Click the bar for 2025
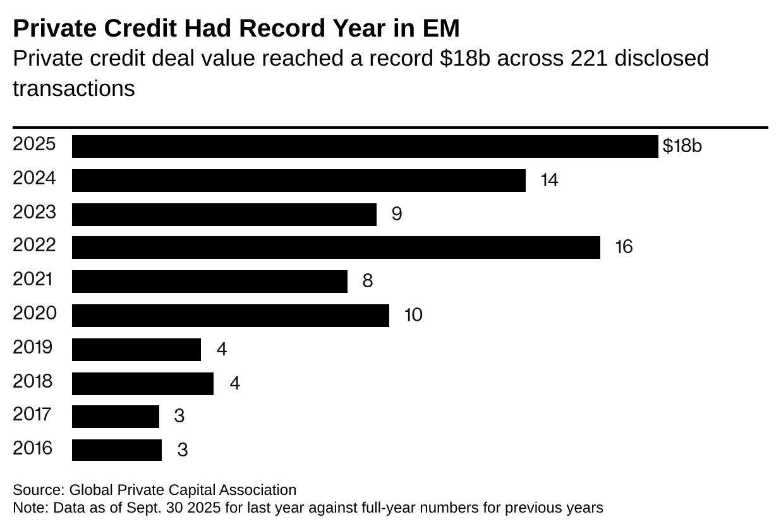[x=365, y=146]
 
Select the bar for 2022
[x=336, y=247]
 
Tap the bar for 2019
[x=136, y=350]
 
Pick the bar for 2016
[x=116, y=450]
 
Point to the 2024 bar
[x=298, y=181]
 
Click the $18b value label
[x=682, y=146]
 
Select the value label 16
[x=624, y=247]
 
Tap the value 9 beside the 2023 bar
[x=397, y=214]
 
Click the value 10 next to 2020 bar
[x=413, y=314]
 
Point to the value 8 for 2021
[x=367, y=281]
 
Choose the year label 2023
[x=34, y=212]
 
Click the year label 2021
[x=33, y=279]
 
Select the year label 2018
[x=33, y=381]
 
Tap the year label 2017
[x=33, y=415]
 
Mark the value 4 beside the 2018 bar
[x=234, y=383]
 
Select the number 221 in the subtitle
[x=589, y=58]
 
